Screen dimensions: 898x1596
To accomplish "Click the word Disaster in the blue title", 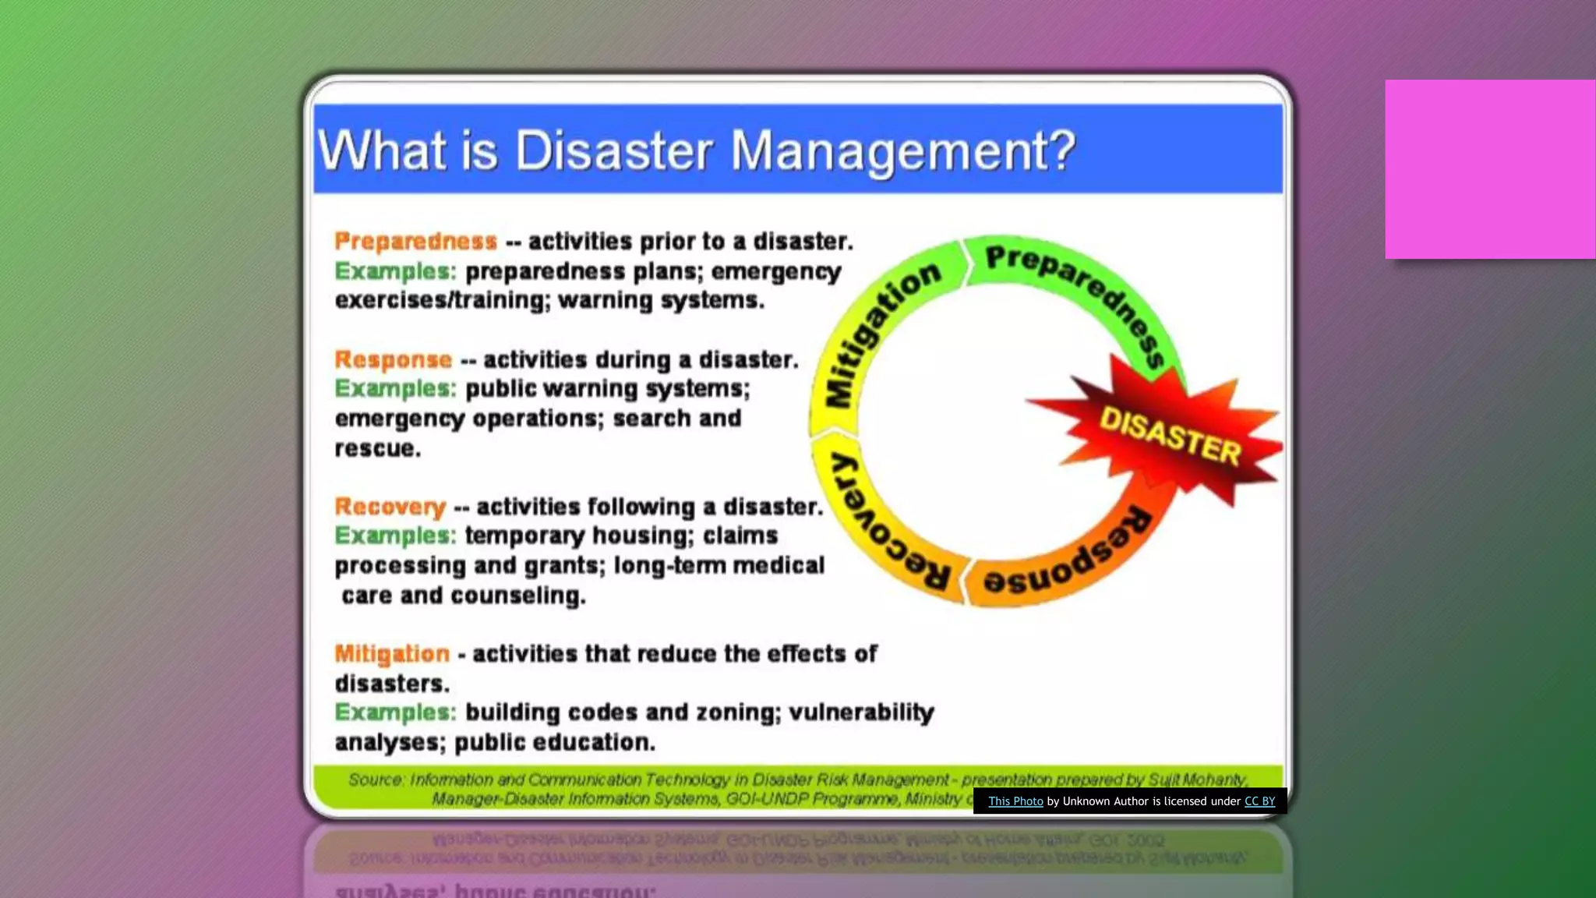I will (613, 150).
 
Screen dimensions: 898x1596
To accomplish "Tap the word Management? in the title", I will (902, 151).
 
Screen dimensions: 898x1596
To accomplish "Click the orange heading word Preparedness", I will (415, 242).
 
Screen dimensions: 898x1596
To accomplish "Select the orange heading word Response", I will (393, 359).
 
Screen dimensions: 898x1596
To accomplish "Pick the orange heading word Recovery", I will (390, 507).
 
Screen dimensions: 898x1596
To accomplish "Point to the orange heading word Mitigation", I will (392, 653).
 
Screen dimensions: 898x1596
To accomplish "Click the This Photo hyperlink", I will (1015, 801).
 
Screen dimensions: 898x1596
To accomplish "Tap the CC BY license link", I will (1259, 801).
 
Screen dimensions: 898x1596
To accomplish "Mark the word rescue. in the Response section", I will (378, 449).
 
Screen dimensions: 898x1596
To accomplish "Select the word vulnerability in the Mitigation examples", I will (861, 712).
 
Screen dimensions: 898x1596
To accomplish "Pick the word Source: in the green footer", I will (376, 780).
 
